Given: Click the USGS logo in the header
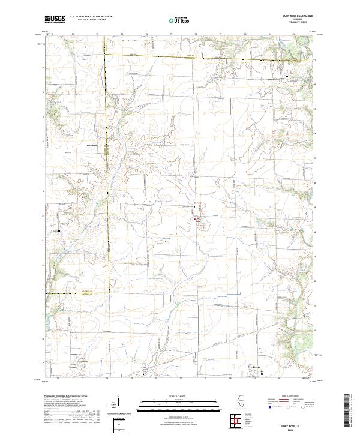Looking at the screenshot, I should [x=55, y=19].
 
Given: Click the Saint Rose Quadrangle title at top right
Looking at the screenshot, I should [x=296, y=17].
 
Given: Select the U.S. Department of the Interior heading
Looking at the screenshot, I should [x=91, y=17].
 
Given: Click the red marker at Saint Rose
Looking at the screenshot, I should [x=196, y=218].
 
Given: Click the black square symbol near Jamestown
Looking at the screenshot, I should [x=287, y=77].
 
